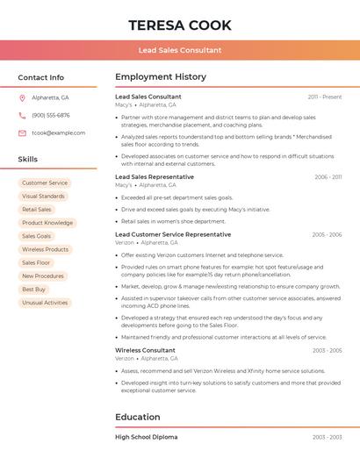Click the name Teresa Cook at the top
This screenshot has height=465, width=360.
pos(180,25)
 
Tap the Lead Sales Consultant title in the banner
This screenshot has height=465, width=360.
pos(180,50)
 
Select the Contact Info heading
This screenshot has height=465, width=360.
pos(41,77)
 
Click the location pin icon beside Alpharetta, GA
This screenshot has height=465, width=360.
pos(22,97)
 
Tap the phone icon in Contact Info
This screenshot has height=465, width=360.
pos(22,115)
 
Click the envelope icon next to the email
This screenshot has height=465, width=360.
pos(22,132)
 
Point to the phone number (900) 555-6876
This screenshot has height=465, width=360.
pos(51,115)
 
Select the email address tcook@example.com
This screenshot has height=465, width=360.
pos(59,132)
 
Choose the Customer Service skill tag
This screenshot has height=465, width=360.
pos(45,183)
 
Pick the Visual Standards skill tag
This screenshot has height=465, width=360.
pos(43,197)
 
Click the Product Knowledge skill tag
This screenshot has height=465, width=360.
pos(47,223)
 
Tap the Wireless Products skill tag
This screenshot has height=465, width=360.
pos(45,249)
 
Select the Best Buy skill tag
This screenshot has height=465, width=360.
pos(34,289)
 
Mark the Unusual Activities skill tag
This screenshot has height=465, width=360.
pos(45,302)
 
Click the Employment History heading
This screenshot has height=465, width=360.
pos(161,77)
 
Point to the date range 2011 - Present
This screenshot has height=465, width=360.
pos(324,97)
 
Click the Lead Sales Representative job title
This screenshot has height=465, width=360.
pos(155,176)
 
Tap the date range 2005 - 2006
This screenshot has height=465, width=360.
pos(326,234)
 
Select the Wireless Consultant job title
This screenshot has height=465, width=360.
pos(145,350)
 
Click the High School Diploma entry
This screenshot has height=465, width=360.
pos(146,436)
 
